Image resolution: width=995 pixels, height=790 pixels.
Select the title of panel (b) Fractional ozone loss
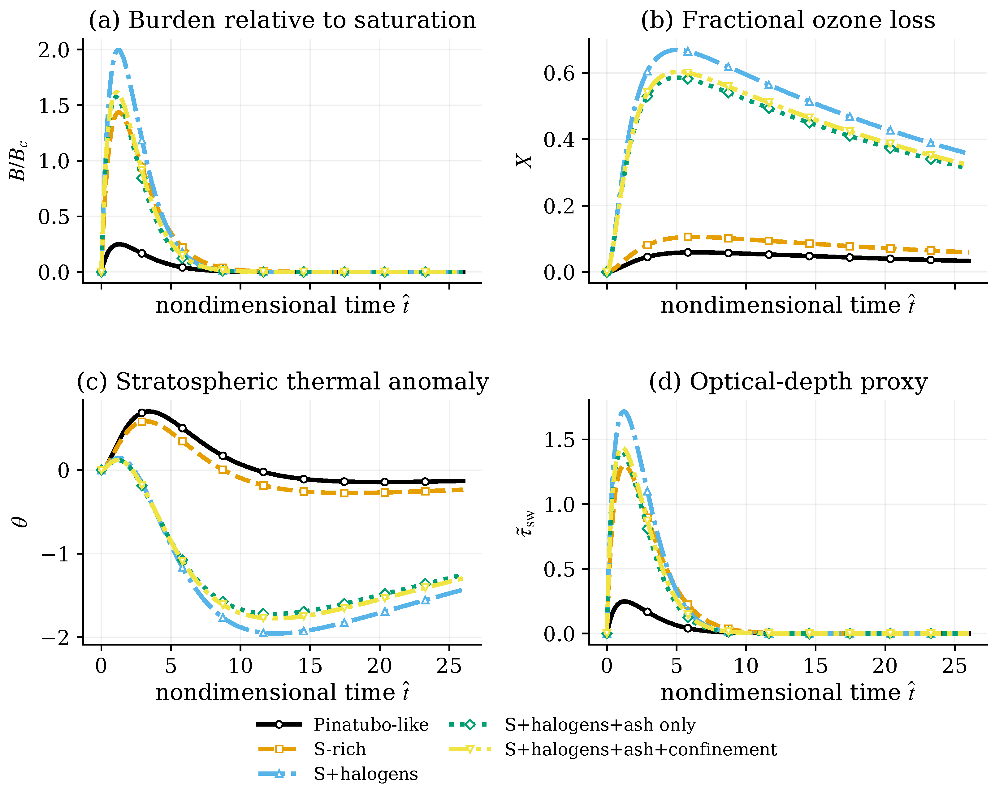(x=788, y=20)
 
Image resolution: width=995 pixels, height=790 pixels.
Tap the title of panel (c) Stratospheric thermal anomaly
(x=283, y=382)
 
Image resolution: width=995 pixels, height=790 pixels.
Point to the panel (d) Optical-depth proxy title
(x=788, y=382)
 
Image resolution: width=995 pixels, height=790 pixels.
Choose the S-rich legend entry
(x=312, y=749)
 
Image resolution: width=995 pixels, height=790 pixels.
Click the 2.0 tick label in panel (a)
(x=54, y=50)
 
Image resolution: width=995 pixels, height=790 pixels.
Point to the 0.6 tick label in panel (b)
(x=559, y=73)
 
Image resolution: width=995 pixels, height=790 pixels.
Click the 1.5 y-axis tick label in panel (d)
(x=559, y=440)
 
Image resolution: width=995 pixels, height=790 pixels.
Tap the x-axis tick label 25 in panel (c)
(x=449, y=666)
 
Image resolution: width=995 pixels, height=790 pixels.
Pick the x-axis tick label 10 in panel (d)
(x=746, y=666)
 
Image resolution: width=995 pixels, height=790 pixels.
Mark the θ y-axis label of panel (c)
(x=20, y=522)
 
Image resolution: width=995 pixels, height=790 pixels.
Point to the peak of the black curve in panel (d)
(x=625, y=601)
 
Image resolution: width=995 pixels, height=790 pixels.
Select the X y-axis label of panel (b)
(x=524, y=161)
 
